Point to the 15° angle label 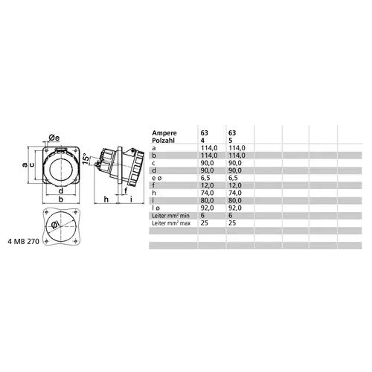tap(86, 158)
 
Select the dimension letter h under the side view tap(106, 199)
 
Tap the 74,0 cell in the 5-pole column tap(233, 193)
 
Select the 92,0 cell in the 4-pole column tap(208, 208)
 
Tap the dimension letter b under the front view tap(60, 199)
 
